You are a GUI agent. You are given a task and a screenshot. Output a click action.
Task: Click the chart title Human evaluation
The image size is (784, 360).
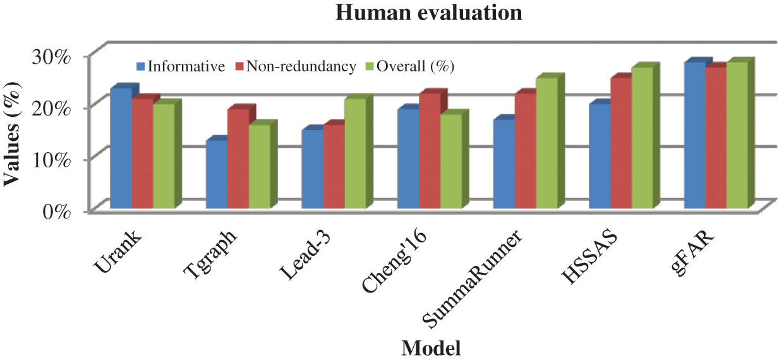point(429,13)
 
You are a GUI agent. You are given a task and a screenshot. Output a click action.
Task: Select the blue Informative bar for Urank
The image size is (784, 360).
point(121,148)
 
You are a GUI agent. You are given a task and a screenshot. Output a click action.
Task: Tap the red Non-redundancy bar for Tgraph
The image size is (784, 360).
point(238,159)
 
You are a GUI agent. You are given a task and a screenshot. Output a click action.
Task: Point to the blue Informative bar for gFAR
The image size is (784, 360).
point(695,135)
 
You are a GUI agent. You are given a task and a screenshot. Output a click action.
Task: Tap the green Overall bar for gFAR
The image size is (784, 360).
point(737,135)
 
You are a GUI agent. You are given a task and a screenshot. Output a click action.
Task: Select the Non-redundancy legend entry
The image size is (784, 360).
point(296,66)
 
